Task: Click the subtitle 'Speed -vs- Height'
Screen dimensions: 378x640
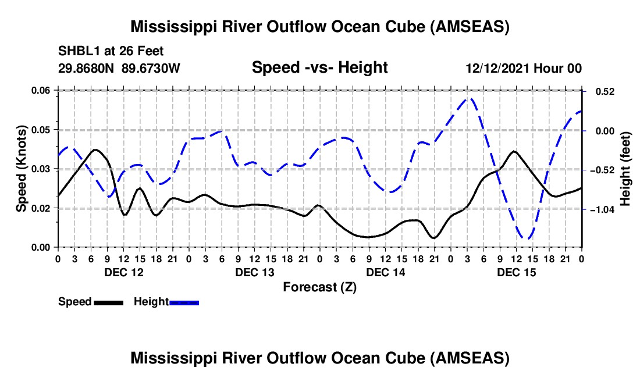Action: pyautogui.click(x=319, y=68)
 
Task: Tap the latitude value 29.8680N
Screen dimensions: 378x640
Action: pyautogui.click(x=87, y=69)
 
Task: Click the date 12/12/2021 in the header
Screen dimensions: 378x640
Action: pyautogui.click(x=496, y=69)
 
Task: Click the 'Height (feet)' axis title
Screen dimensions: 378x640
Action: pyautogui.click(x=625, y=169)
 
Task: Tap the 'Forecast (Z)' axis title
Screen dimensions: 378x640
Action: pyautogui.click(x=319, y=287)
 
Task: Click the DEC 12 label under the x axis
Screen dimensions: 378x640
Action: pyautogui.click(x=123, y=272)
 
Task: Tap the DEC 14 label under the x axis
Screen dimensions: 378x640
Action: pyautogui.click(x=386, y=272)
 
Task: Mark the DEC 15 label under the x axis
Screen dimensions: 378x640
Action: pyautogui.click(x=517, y=272)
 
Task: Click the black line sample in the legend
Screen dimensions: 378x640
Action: pyautogui.click(x=108, y=302)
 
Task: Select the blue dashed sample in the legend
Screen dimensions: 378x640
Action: pyautogui.click(x=184, y=302)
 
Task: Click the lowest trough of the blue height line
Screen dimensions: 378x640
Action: pyautogui.click(x=526, y=238)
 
